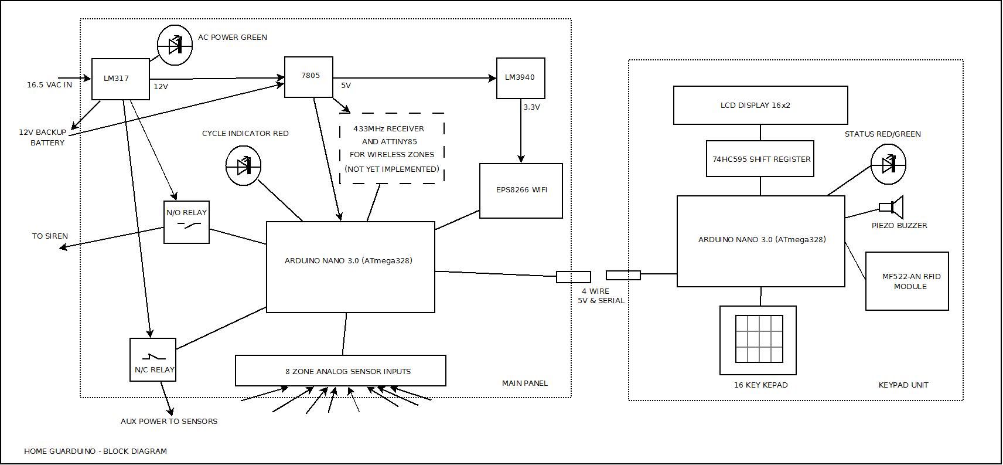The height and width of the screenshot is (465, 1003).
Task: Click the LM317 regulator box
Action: coord(121,79)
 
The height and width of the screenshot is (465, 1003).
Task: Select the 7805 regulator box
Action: coord(309,77)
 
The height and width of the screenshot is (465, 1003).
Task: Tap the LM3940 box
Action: coord(520,78)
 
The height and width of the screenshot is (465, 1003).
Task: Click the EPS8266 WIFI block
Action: coord(521,191)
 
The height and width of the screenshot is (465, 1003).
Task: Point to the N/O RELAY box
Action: coord(186,222)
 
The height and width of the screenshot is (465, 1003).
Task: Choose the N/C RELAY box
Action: coord(153,359)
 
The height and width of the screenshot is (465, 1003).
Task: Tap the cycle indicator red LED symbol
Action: coord(244,167)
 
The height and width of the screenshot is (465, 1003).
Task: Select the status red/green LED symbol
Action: coord(888,165)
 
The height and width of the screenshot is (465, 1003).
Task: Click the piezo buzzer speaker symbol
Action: coord(892,207)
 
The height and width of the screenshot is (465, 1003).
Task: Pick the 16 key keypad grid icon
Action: coord(759,340)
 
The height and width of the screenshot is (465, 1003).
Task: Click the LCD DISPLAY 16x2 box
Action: coord(760,106)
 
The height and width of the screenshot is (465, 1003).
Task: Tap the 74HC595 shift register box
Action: coord(760,159)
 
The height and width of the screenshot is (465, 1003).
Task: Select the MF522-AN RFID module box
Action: coord(906,281)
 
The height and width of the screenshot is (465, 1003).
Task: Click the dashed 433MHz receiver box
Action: coord(392,148)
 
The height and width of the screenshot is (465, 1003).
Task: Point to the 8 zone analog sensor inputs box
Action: coord(340,371)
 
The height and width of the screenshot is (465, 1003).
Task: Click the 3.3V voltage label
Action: coord(531,107)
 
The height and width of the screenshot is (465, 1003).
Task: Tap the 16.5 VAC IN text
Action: coord(49,85)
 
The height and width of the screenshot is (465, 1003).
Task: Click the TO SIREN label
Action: coord(50,236)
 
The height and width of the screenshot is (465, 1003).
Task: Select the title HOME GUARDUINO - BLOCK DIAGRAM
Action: coord(95,451)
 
